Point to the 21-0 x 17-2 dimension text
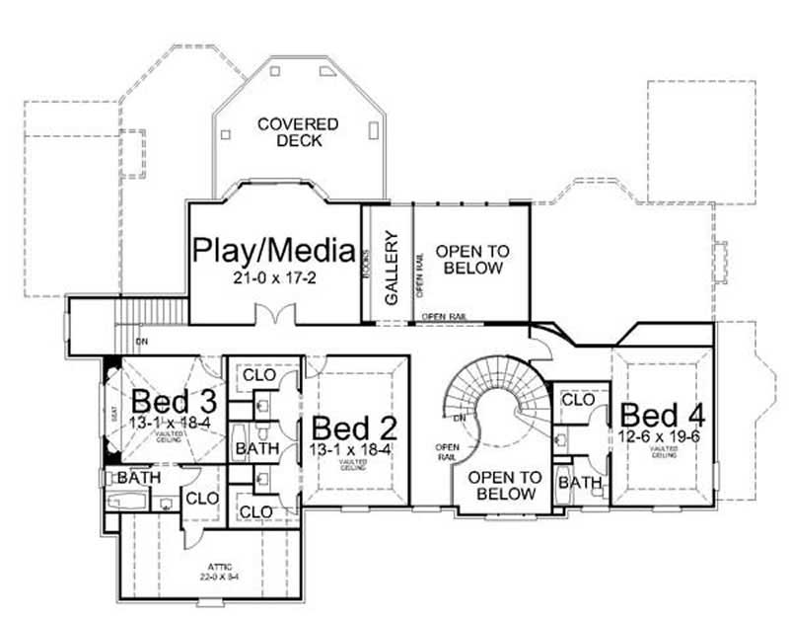coord(274,277)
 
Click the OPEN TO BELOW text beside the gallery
coord(469,260)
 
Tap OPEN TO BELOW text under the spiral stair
coord(504,485)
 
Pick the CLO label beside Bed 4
coord(577,400)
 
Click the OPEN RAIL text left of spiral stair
coord(445,452)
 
